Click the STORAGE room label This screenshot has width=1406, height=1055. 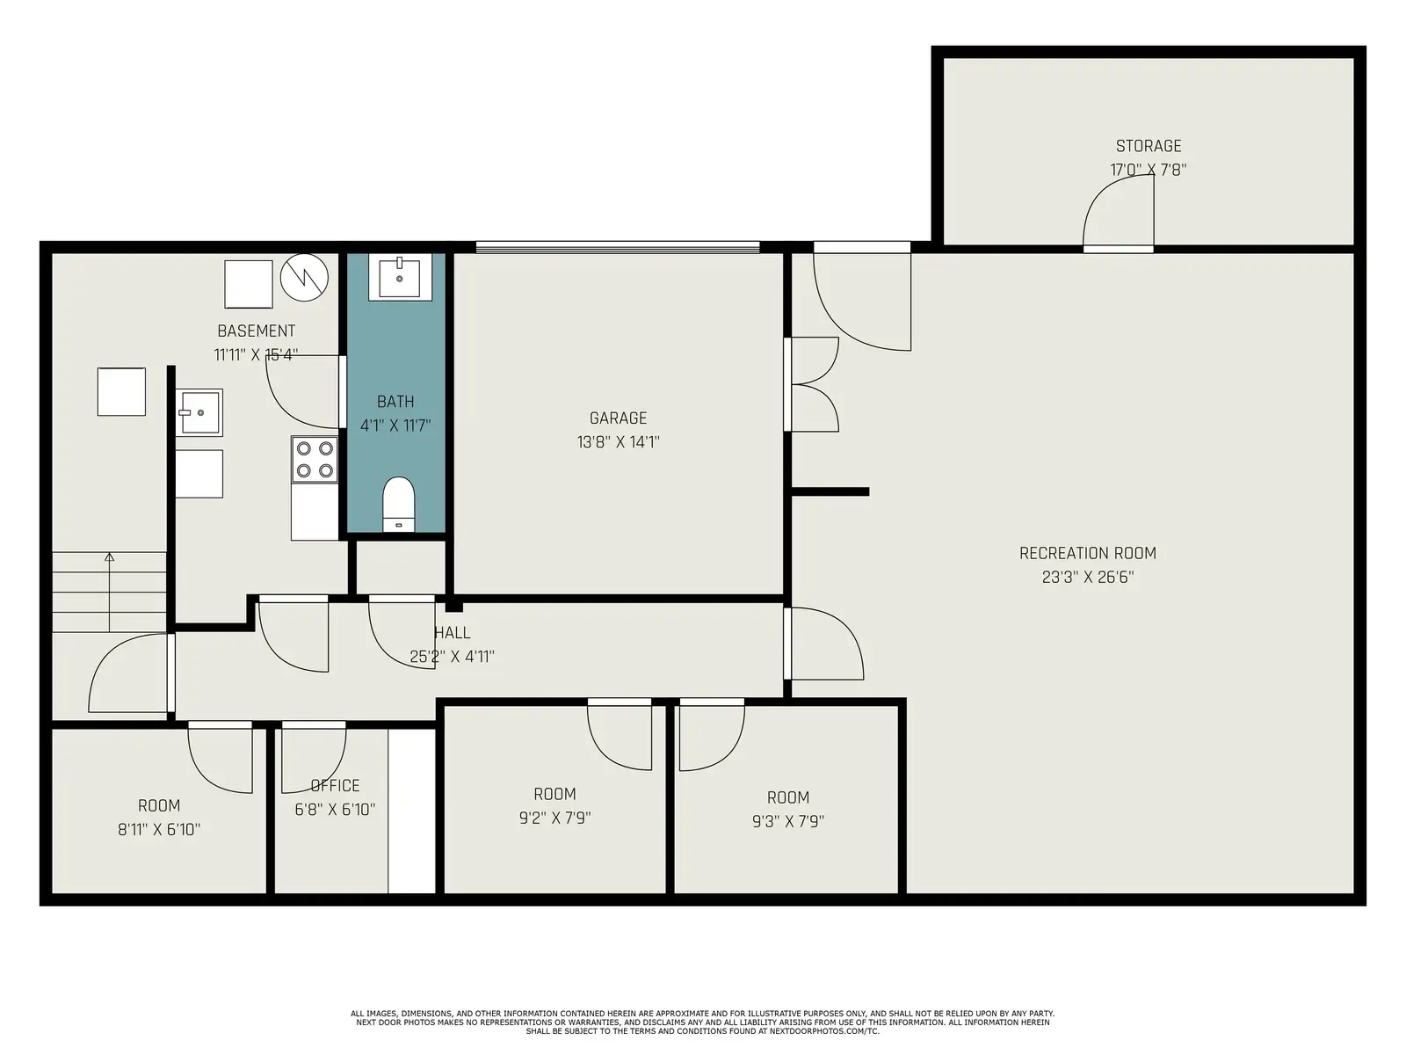coord(1148,146)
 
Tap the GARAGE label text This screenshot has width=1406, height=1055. coord(618,418)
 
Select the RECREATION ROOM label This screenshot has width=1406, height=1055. coord(1088,554)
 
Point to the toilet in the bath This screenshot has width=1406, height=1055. coord(398,504)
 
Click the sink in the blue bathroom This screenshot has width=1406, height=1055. coord(400,277)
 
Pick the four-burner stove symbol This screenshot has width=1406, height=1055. coord(315,459)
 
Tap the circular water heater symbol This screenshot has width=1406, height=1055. coord(304,278)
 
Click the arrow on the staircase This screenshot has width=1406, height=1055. coord(110,593)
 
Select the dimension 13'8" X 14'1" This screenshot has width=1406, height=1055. coord(618,442)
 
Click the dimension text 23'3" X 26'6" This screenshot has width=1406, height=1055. coord(1088,577)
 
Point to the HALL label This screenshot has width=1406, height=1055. coord(453,633)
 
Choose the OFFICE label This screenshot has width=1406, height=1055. coord(335,785)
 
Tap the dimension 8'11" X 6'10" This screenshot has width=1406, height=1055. coord(159,830)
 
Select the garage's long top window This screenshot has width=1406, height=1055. coord(618,247)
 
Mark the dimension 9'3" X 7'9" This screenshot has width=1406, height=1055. coord(788,821)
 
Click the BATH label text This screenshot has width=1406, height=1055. coord(395,402)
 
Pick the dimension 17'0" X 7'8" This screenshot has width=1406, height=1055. coord(1148,170)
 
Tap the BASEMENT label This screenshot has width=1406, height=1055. coord(257,331)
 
